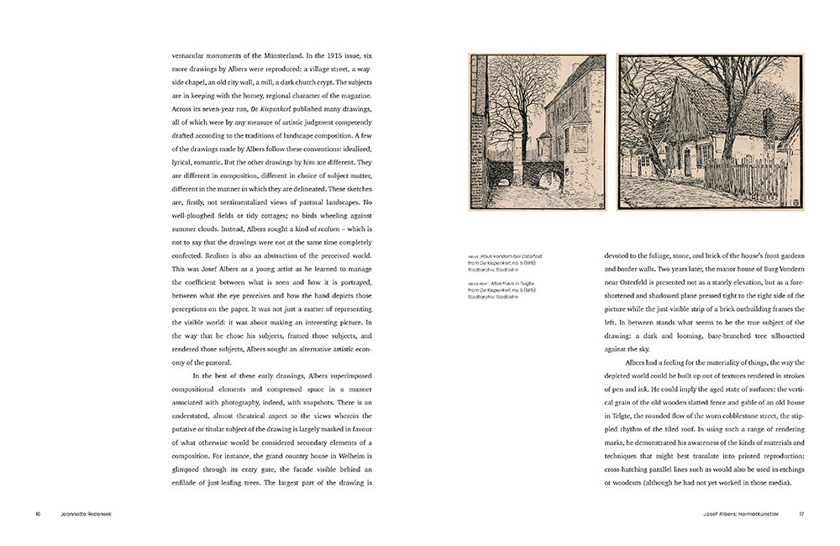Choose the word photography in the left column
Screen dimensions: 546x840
(x=249, y=402)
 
